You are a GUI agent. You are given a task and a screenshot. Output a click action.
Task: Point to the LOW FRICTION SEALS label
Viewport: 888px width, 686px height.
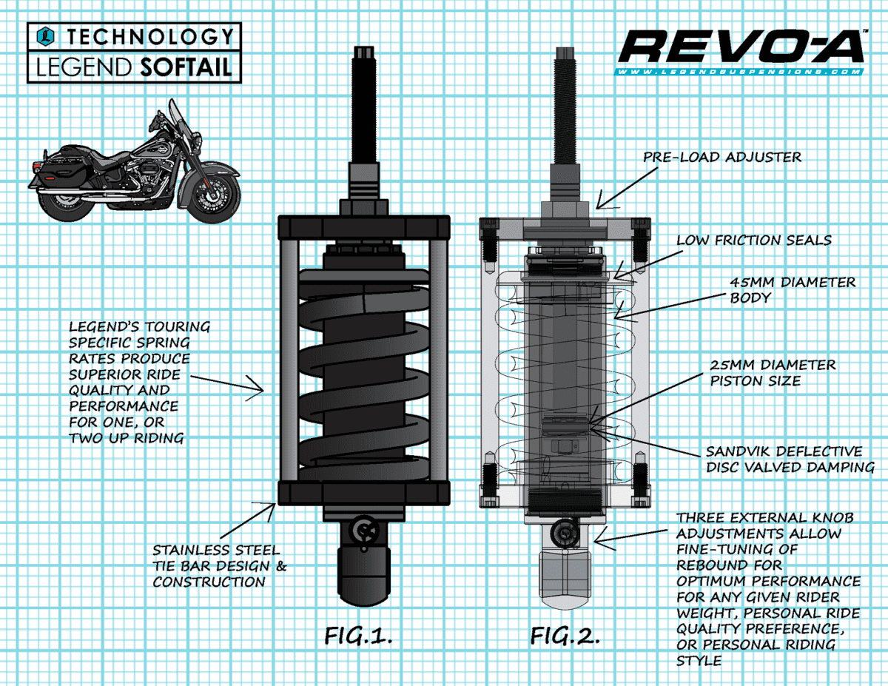click(x=753, y=240)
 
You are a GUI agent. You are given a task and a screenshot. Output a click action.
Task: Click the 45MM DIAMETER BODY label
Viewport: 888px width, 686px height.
click(x=792, y=291)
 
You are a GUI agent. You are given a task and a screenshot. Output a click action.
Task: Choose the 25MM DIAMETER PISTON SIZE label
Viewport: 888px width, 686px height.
click(x=773, y=373)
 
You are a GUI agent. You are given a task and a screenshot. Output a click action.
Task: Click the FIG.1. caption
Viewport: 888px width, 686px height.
click(x=358, y=636)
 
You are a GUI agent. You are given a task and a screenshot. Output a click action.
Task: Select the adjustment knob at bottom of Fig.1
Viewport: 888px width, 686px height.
click(x=364, y=530)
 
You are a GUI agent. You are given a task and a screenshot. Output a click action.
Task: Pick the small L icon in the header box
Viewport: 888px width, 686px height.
click(x=47, y=36)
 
